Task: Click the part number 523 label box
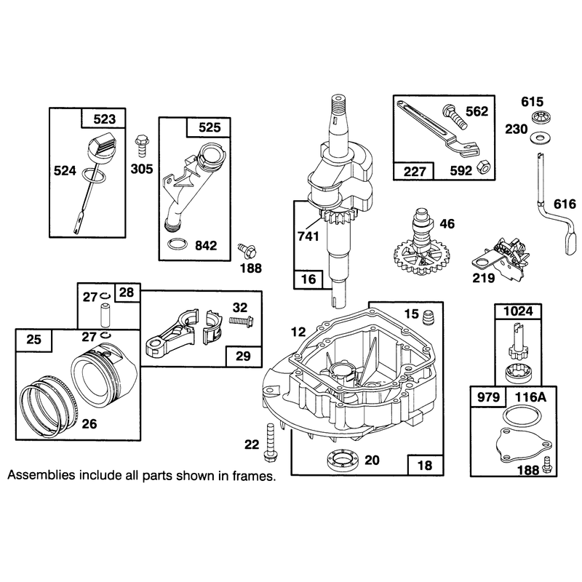coord(103,119)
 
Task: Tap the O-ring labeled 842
coord(177,244)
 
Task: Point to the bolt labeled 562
coord(455,116)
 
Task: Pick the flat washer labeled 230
coord(539,137)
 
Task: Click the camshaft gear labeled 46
coord(421,244)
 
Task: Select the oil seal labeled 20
coord(343,461)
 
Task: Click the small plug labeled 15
coord(428,316)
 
